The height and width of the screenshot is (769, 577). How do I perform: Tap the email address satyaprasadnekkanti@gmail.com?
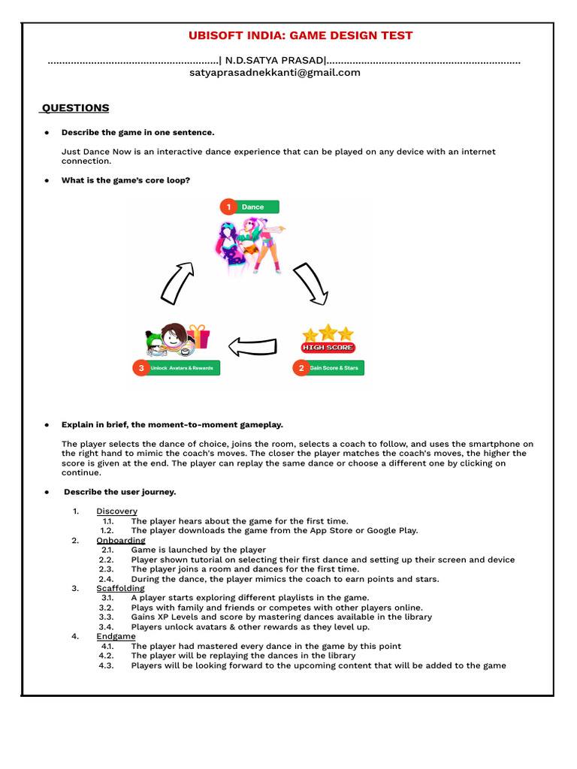point(275,73)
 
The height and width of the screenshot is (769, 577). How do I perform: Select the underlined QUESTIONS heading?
point(75,108)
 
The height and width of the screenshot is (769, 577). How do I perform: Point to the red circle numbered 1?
point(228,207)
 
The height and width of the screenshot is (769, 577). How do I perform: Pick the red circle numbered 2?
point(301,368)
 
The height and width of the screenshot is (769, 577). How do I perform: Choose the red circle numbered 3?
point(140,368)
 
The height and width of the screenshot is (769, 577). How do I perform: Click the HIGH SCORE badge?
point(328,348)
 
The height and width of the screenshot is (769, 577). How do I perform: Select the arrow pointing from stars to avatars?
point(252,346)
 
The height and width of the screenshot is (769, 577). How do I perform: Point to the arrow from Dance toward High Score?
point(310,283)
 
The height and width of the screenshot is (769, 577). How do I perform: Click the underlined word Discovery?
point(116,511)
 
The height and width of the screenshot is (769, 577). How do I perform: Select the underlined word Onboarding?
point(120,541)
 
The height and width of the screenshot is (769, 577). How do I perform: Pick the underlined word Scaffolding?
point(120,589)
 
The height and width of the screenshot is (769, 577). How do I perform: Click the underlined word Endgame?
point(116,637)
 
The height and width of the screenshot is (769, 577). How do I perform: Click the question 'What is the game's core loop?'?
point(125,180)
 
